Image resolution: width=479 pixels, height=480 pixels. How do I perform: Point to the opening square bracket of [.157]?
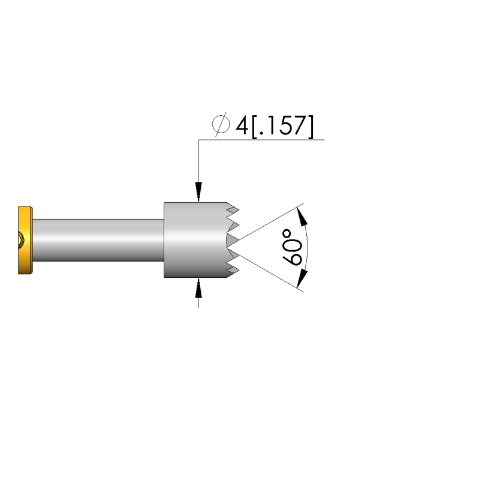(254, 126)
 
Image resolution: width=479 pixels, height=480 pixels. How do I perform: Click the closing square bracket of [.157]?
(309, 126)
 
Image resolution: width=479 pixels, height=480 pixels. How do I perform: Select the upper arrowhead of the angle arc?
(303, 216)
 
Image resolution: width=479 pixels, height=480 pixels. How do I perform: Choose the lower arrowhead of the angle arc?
(303, 275)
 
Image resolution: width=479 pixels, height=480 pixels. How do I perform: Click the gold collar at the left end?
(25, 240)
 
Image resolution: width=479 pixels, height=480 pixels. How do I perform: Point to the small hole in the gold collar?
(20, 241)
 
